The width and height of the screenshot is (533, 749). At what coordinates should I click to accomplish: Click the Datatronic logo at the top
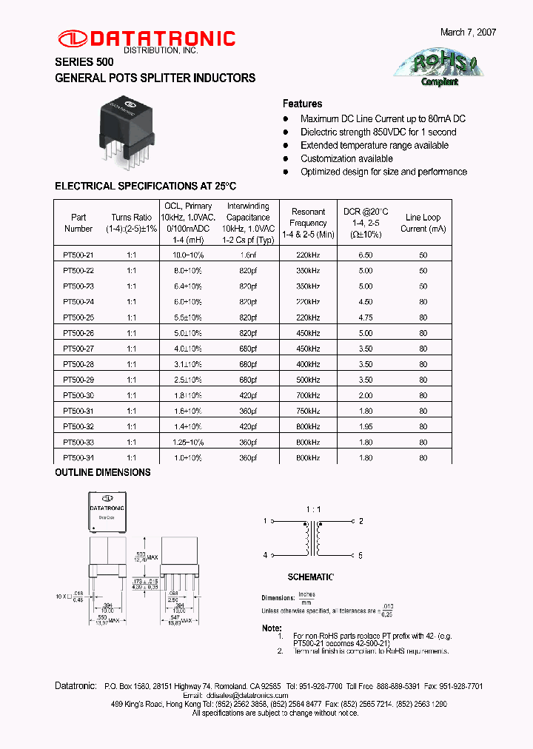pyautogui.click(x=146, y=39)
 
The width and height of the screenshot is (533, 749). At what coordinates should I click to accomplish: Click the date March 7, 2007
pyautogui.click(x=468, y=33)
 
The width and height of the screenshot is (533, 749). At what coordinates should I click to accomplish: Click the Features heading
pyautogui.click(x=302, y=104)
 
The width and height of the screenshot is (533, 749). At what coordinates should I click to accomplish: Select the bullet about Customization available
pyautogui.click(x=346, y=158)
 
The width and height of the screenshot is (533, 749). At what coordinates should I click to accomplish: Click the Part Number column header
pyautogui.click(x=78, y=223)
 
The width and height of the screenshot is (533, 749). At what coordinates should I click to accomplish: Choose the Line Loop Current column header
pyautogui.click(x=423, y=223)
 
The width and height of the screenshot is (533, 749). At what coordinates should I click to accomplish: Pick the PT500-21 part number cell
pyautogui.click(x=78, y=255)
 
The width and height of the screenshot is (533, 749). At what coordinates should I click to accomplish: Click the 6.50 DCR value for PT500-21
pyautogui.click(x=366, y=255)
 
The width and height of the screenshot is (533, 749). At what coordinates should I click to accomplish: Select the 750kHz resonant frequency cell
pyautogui.click(x=308, y=412)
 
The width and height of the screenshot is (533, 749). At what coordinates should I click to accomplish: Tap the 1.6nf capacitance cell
pyautogui.click(x=247, y=255)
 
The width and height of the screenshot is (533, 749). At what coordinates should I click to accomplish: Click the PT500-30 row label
pyautogui.click(x=78, y=396)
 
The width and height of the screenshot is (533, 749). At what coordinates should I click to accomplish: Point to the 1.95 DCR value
pyautogui.click(x=366, y=427)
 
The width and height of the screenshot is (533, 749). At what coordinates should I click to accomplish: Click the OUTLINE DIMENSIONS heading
pyautogui.click(x=103, y=472)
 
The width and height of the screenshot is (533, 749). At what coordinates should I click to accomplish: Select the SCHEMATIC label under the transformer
pyautogui.click(x=311, y=577)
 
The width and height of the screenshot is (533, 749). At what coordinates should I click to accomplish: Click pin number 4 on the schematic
pyautogui.click(x=265, y=555)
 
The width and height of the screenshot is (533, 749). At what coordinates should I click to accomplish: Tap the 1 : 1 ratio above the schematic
pyautogui.click(x=313, y=510)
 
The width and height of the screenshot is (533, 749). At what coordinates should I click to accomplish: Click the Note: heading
pyautogui.click(x=272, y=628)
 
